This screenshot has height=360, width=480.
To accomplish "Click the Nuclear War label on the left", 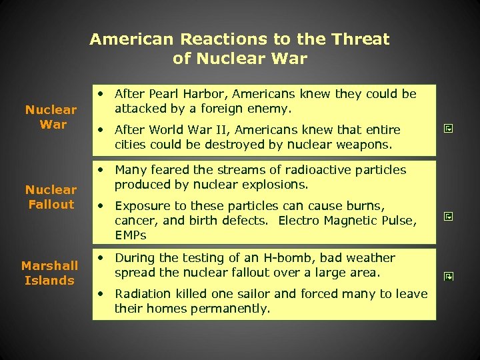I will tap(51, 117).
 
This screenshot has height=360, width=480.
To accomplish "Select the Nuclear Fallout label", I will tap(51, 197).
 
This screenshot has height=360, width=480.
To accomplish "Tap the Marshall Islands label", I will tap(50, 273).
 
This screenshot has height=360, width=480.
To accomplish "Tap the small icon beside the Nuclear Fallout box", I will tap(449, 217).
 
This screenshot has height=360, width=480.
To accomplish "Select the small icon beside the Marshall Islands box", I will tap(449, 275).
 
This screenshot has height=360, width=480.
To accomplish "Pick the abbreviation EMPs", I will tap(130, 235).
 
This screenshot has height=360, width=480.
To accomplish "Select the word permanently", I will tap(231, 309).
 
